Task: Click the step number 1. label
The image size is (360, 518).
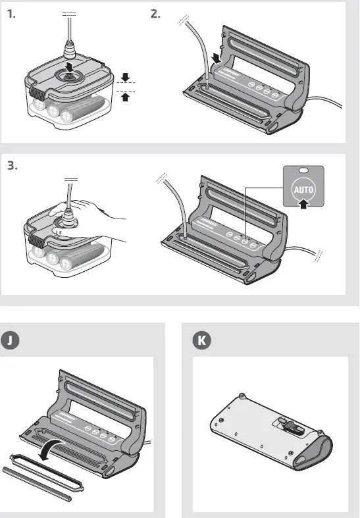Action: coord(11,14)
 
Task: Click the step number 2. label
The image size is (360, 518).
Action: coord(155,14)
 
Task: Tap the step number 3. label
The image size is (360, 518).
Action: coord(13,165)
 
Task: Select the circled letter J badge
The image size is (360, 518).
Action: coord(10,340)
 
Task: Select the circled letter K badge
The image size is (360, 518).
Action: coord(202,340)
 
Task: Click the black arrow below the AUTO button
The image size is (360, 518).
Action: coord(303,203)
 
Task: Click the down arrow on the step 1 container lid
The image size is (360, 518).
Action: coord(69,66)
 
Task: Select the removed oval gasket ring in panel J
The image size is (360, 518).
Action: coord(47,473)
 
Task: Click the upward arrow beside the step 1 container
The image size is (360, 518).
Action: coord(125,97)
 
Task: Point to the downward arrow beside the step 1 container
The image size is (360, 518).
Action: coord(125,77)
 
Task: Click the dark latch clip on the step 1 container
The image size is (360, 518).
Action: coord(37,93)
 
